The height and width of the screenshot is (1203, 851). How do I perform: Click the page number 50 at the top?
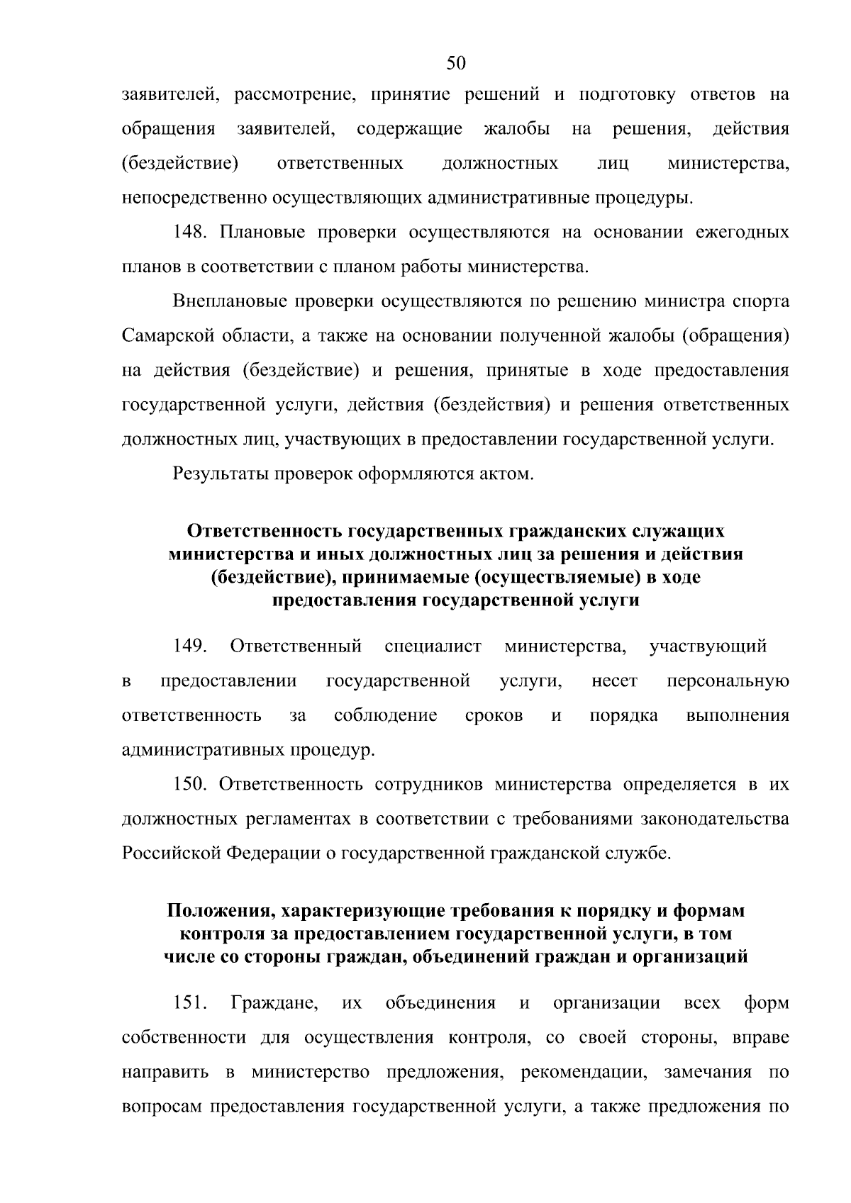click(456, 64)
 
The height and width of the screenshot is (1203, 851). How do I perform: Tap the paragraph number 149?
click(191, 646)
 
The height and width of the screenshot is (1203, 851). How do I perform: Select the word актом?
click(506, 474)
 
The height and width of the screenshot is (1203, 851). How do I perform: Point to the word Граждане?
click(274, 1003)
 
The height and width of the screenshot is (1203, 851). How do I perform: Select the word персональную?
click(728, 681)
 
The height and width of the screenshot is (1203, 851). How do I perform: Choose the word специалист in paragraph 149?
click(433, 646)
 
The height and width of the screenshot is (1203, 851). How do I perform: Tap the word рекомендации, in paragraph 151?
click(584, 1072)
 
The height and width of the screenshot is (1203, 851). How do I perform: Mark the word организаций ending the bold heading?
click(690, 957)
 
